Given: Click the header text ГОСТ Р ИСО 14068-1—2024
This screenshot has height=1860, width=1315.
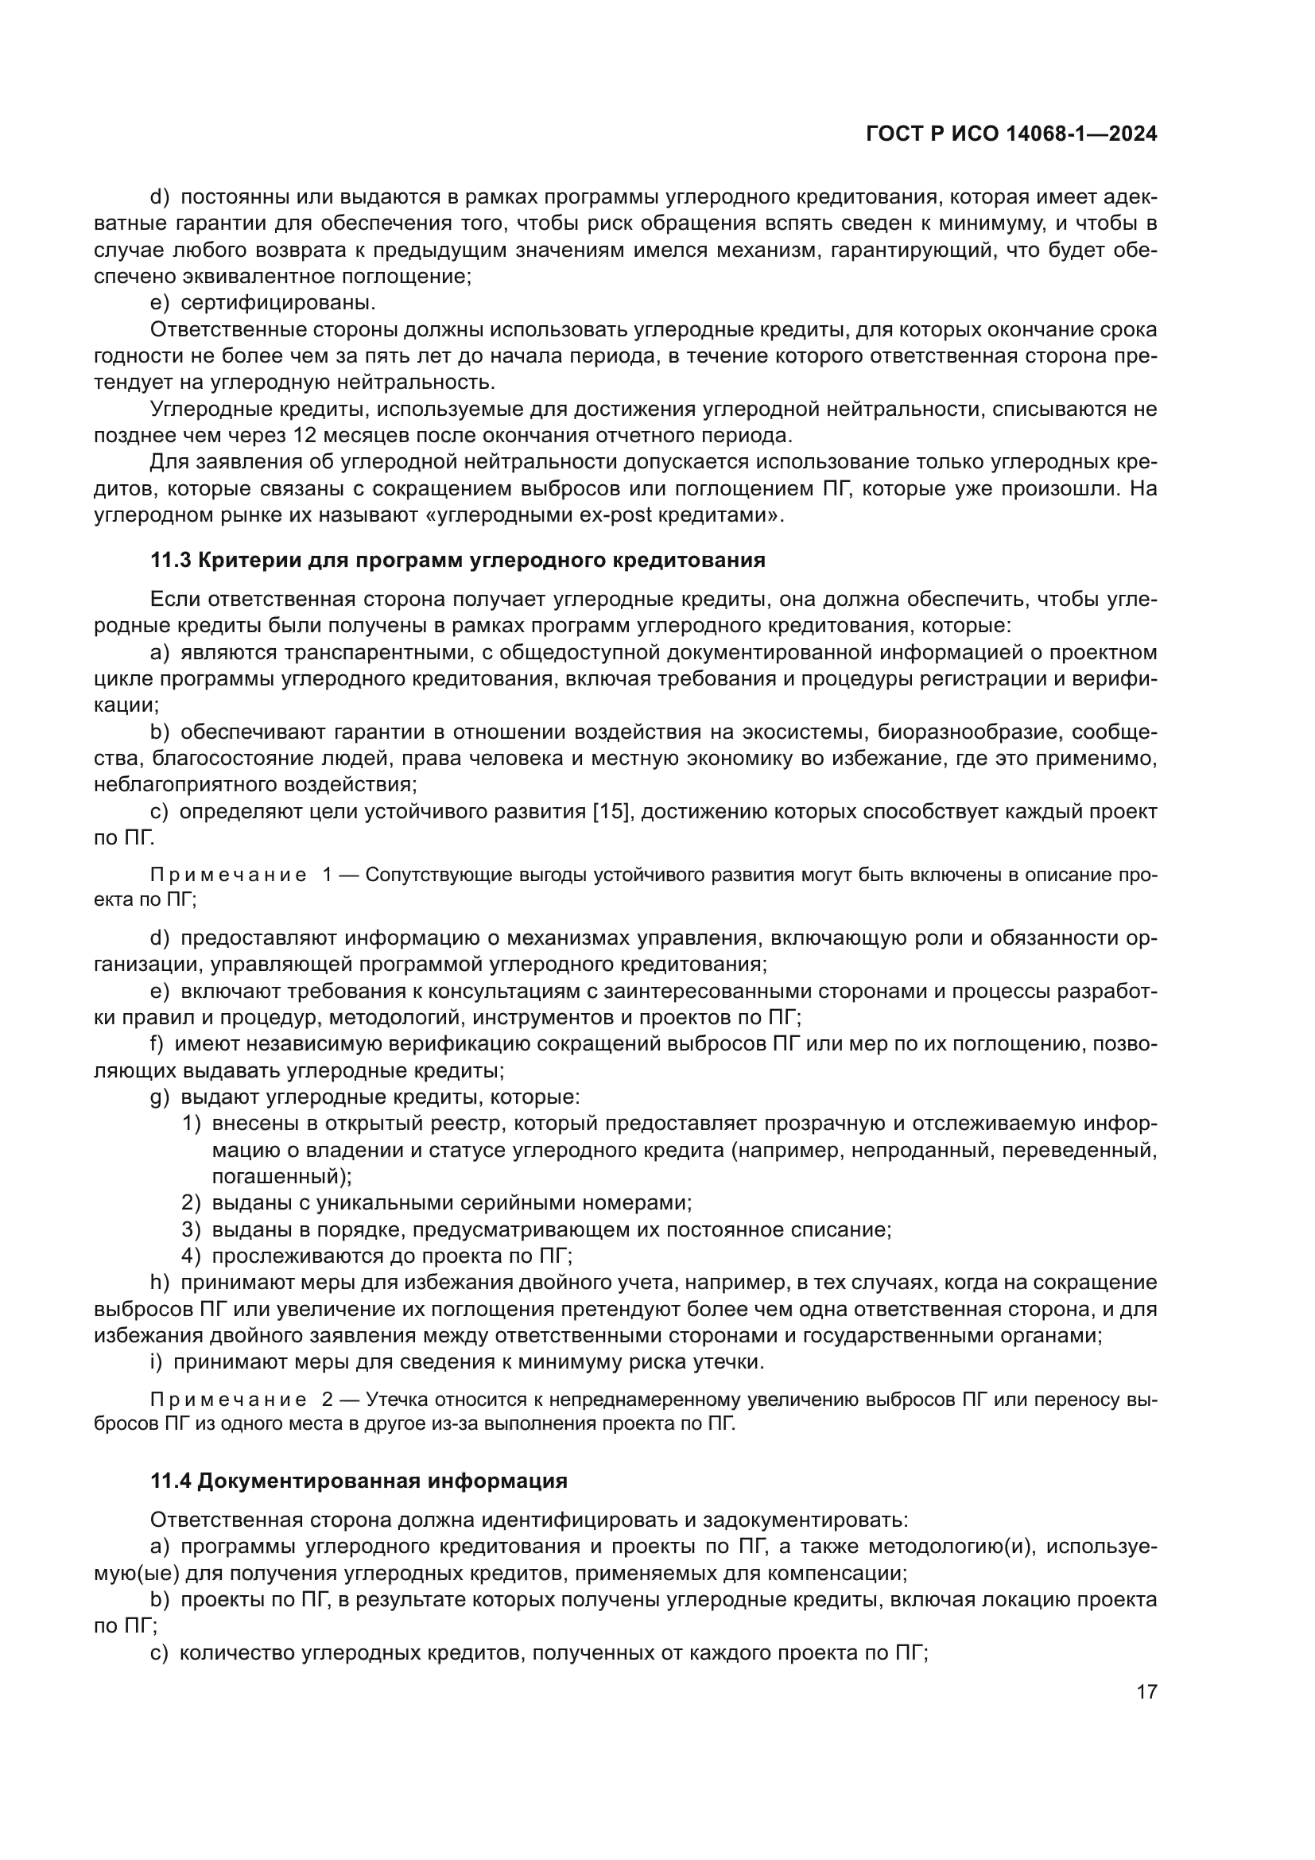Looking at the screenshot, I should (1011, 134).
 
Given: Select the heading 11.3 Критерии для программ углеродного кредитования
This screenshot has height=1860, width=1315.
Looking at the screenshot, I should (457, 560).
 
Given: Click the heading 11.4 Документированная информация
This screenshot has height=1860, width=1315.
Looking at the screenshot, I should (359, 1481).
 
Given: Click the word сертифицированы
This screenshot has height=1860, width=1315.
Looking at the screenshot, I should (277, 303).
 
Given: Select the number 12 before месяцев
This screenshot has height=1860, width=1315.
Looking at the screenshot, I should (305, 436).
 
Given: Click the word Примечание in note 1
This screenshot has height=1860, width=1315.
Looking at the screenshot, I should (228, 876).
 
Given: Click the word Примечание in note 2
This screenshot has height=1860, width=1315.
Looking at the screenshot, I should (228, 1400).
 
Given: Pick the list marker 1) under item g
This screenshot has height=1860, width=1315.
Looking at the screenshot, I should (191, 1124).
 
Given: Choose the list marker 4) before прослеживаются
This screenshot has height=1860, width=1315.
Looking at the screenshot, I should (191, 1256).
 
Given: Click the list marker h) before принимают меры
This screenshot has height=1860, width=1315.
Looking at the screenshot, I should (160, 1283).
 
